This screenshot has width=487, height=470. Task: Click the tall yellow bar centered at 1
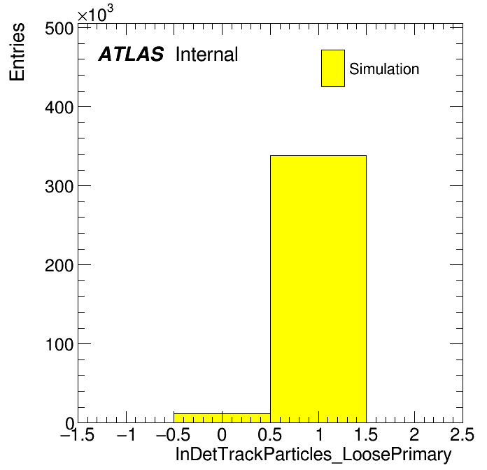(x=318, y=289)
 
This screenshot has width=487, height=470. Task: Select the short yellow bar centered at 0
(x=222, y=418)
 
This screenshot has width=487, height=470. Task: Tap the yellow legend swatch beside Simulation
(x=333, y=68)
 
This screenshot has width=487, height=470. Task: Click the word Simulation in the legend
(x=384, y=69)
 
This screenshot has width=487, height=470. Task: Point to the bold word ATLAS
(x=131, y=54)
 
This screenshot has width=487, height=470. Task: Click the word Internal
(x=207, y=54)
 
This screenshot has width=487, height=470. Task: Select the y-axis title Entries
(x=17, y=52)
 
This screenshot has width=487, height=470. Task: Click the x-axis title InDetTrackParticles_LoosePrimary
(x=313, y=454)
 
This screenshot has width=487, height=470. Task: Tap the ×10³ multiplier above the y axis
(x=95, y=14)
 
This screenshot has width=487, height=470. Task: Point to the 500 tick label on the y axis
(x=59, y=29)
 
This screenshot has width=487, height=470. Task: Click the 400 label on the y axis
(x=59, y=108)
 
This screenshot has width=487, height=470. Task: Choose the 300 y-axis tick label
(x=59, y=187)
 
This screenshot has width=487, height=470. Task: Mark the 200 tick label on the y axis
(x=59, y=266)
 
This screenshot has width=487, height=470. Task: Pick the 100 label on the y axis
(x=59, y=345)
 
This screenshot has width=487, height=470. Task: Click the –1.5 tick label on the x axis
(x=78, y=434)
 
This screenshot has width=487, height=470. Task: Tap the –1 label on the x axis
(x=126, y=434)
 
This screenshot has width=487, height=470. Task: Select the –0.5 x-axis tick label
(x=174, y=434)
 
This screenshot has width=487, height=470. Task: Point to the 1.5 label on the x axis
(x=366, y=434)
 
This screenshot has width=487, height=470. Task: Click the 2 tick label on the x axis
(x=414, y=434)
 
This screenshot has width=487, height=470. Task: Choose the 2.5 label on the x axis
(x=462, y=434)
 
